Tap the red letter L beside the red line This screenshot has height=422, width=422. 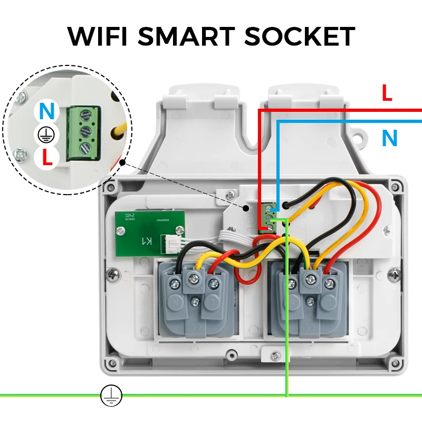(387, 94)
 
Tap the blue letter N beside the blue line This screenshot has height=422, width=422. (389, 138)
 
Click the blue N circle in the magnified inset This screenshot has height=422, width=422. (47, 112)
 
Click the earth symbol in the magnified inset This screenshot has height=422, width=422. (46, 136)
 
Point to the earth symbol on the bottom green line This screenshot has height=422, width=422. (111, 395)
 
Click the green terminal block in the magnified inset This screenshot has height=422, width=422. (83, 133)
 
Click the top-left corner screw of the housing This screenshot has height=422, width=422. (109, 186)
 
